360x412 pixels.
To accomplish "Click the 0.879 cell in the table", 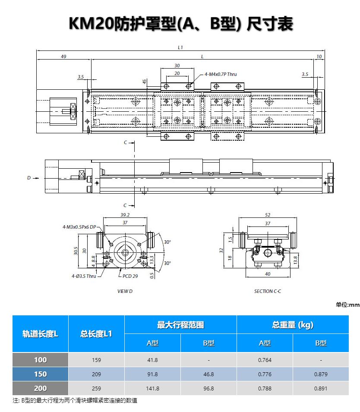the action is [x=321, y=374].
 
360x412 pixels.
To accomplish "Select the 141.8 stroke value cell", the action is [x=152, y=388].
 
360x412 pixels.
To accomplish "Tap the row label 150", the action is [x=41, y=374].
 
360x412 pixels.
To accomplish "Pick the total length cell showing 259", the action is [x=96, y=388].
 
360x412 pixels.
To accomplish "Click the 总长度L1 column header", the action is [x=96, y=334].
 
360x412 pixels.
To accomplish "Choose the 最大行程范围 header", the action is [x=181, y=325].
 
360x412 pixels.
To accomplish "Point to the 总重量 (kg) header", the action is [x=293, y=325].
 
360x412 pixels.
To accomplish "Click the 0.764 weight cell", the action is [x=265, y=360].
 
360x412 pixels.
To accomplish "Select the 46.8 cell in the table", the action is [x=208, y=374].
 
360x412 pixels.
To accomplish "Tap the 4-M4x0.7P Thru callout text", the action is [x=221, y=74].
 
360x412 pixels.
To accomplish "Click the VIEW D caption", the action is [x=125, y=291].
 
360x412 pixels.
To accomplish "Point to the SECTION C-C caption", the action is [x=268, y=291].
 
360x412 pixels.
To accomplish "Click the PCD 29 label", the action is [x=130, y=276].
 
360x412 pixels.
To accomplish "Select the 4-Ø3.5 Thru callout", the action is [x=84, y=276].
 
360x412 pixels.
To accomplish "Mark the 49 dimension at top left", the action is [x=63, y=57].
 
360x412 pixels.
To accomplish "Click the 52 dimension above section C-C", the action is [x=268, y=215].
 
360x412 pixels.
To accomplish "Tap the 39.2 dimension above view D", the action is [x=125, y=215].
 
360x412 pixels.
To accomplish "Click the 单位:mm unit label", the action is [x=347, y=305].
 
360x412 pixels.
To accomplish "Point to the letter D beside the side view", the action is [x=29, y=178].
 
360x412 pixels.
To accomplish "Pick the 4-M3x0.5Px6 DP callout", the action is [x=79, y=227].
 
